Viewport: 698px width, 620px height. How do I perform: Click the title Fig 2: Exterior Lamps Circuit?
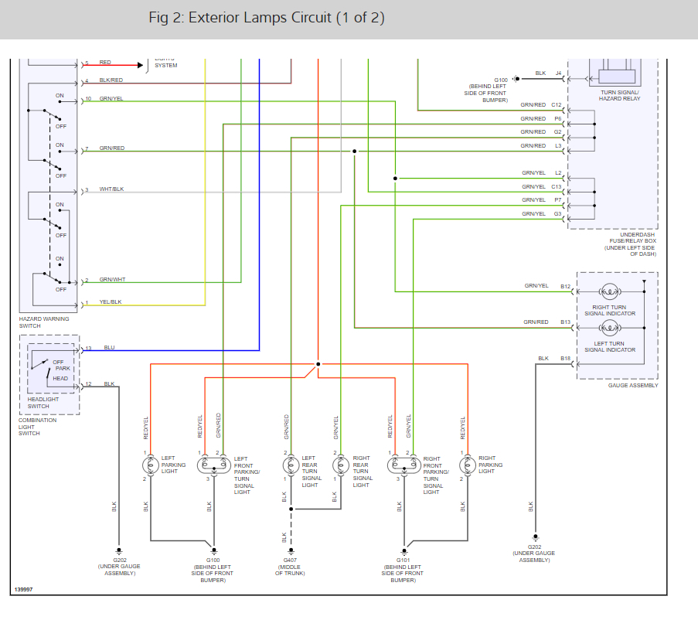[x=267, y=18]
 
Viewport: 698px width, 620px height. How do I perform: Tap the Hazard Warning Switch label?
[x=44, y=322]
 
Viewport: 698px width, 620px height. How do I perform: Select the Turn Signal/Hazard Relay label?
[x=619, y=95]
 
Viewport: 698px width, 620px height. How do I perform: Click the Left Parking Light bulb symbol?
[x=150, y=465]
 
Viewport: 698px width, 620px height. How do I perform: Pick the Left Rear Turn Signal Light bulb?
[x=291, y=465]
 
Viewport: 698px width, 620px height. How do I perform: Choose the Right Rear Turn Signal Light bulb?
[x=340, y=465]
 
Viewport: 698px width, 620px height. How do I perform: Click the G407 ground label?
[x=291, y=559]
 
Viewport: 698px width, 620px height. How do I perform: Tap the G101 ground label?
[x=403, y=559]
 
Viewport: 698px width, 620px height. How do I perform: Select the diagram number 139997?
[x=23, y=590]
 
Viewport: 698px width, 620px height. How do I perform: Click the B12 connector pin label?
[x=566, y=286]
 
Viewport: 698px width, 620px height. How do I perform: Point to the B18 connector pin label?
[x=566, y=358]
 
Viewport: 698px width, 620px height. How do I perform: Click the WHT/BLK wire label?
[x=112, y=189]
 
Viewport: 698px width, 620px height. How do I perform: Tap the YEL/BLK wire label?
[x=111, y=301]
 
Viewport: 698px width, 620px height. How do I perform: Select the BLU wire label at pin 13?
[x=109, y=348]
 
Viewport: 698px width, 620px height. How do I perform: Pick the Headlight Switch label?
[x=38, y=403]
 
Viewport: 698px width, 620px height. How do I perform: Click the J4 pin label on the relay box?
[x=558, y=73]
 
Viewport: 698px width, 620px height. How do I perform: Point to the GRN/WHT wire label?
[x=112, y=280]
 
